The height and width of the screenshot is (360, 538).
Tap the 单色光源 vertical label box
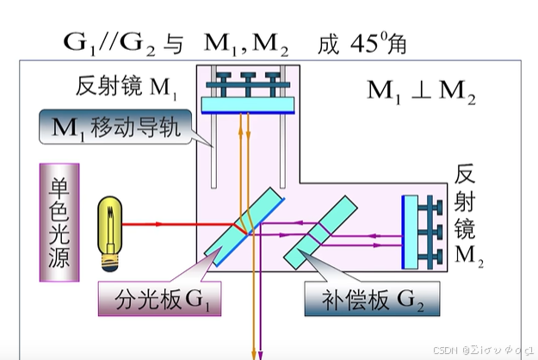tap(61, 222)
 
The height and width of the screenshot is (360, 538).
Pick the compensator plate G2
tap(323, 227)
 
